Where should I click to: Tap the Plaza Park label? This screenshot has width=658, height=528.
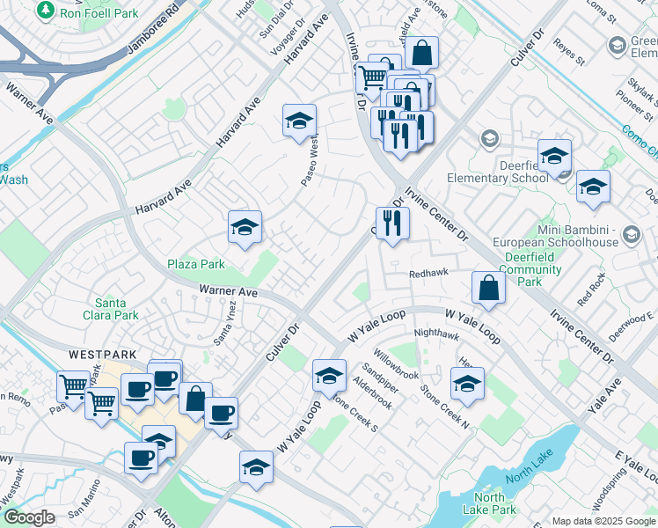coord(196,264)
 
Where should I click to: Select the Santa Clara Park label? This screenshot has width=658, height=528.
coord(116,309)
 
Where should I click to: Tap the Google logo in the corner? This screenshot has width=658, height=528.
coord(28,517)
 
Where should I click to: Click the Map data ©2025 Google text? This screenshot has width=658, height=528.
coord(603,520)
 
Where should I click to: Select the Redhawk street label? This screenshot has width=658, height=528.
coord(429,274)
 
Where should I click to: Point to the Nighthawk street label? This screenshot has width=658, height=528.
coord(436,334)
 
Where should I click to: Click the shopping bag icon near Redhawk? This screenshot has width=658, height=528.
coord(487,287)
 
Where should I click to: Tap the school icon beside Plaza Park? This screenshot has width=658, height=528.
coord(245,227)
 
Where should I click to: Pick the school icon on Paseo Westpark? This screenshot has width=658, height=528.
coord(299,121)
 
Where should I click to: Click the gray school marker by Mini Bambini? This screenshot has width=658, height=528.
coord(630,234)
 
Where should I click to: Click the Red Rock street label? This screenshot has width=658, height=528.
coord(591,289)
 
